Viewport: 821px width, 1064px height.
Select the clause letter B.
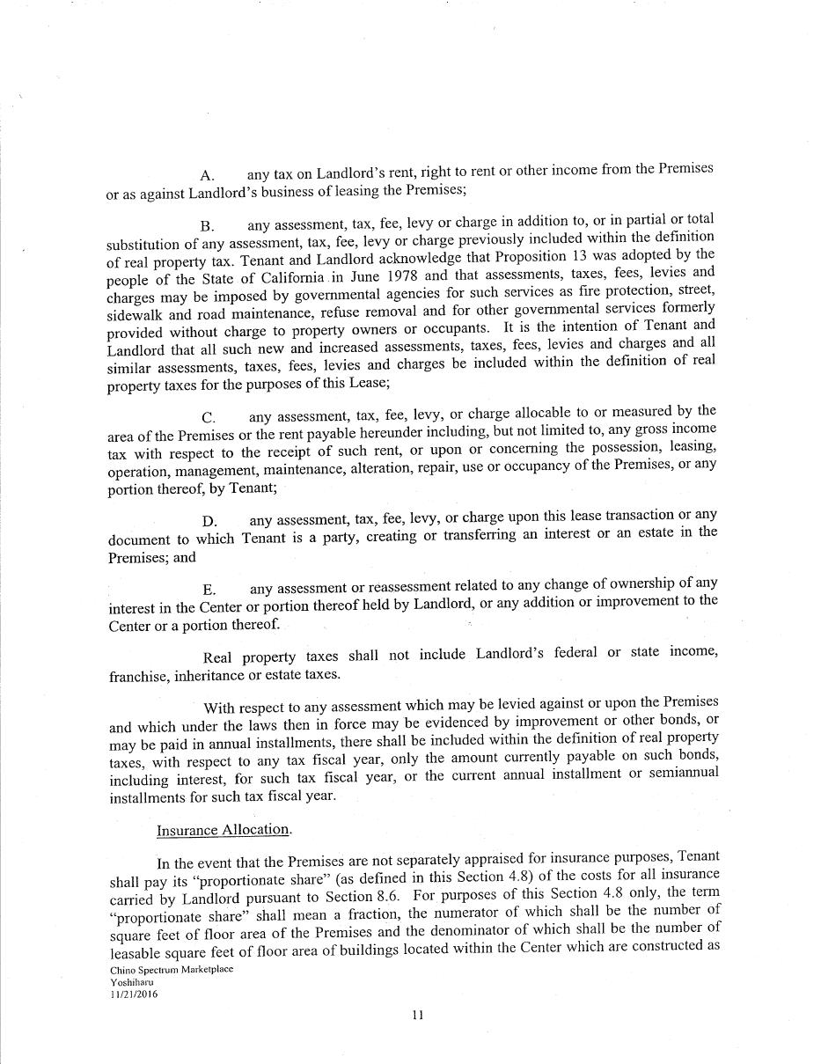[x=207, y=226]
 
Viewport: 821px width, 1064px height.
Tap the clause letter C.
[x=209, y=417]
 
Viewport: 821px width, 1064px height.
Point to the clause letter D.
[x=209, y=522]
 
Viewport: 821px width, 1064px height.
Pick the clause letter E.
[x=209, y=590]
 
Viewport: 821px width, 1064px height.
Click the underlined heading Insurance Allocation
[x=224, y=830]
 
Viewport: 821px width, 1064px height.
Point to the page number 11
[x=417, y=1015]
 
